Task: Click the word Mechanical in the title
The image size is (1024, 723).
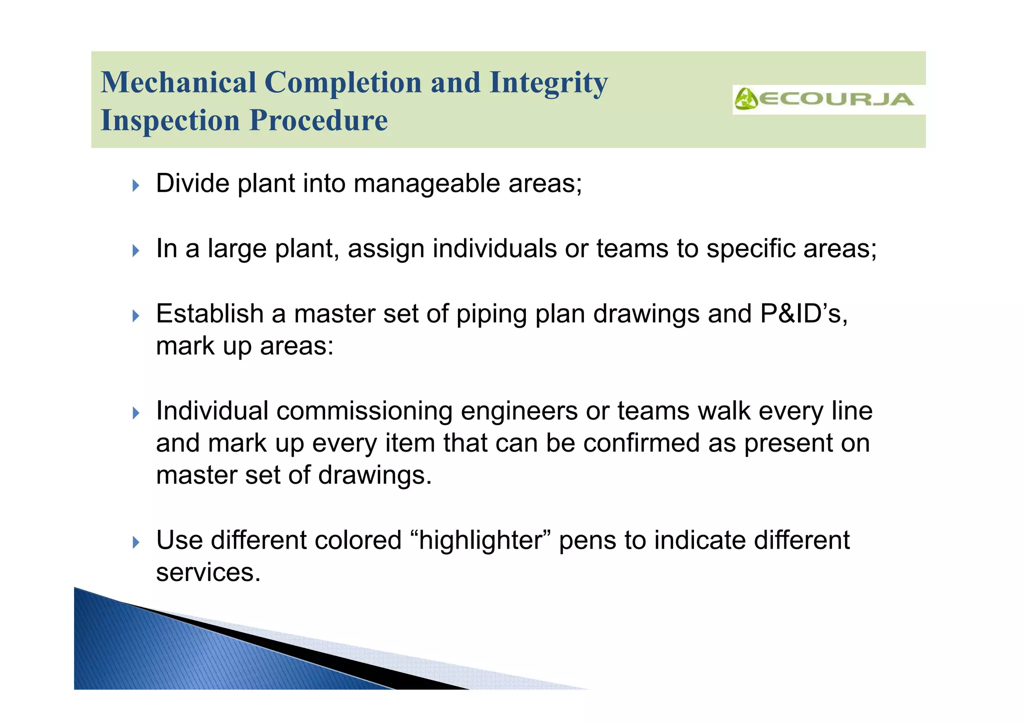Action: click(178, 82)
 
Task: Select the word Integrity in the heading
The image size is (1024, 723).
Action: click(548, 82)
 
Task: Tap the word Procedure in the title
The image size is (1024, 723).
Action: click(318, 120)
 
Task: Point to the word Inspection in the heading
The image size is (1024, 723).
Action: click(170, 120)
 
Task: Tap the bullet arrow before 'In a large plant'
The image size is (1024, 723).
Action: click(136, 250)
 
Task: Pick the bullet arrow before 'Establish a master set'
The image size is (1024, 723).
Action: click(136, 316)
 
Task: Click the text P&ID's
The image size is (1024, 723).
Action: click(803, 314)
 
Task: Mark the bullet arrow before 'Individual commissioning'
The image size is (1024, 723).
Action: click(136, 413)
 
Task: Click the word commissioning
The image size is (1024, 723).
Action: click(364, 411)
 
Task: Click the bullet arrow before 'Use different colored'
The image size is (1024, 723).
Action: click(136, 542)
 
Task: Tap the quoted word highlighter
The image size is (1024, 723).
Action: click(480, 540)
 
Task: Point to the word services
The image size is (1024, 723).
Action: click(208, 573)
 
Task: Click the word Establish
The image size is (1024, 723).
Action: click(209, 314)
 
